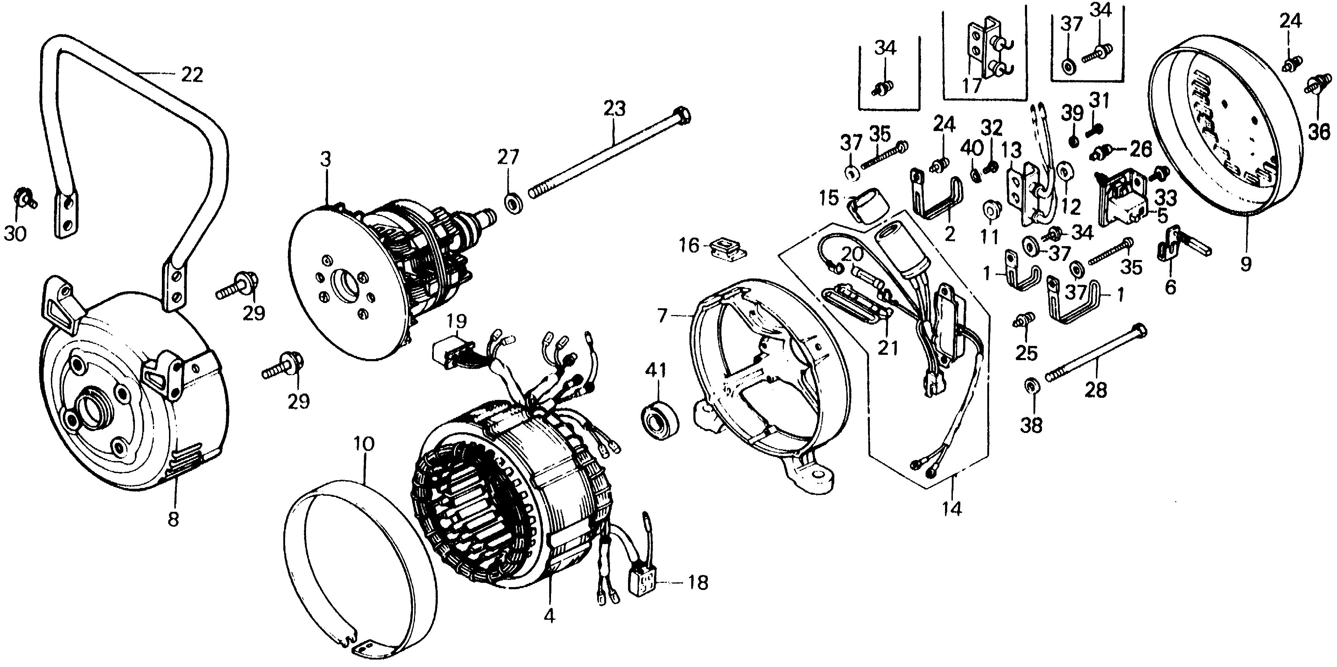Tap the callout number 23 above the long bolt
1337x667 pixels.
(x=615, y=109)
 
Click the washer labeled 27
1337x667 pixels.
(x=514, y=202)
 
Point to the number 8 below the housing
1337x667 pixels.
(x=173, y=519)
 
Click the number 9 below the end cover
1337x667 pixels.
(x=1246, y=264)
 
